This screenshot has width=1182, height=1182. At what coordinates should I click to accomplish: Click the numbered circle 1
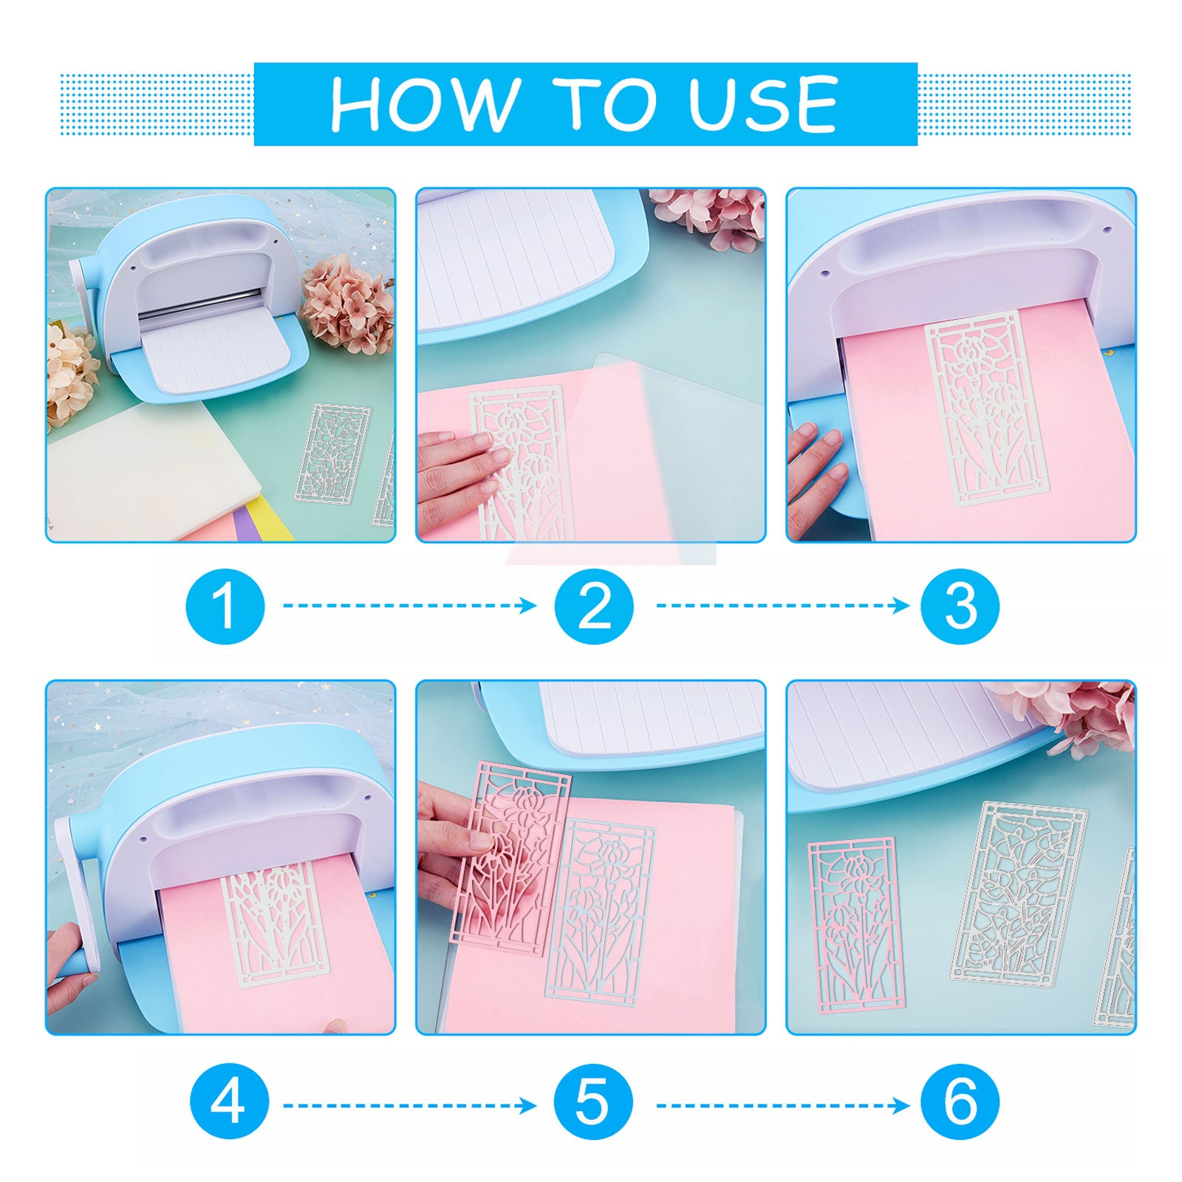coord(225,605)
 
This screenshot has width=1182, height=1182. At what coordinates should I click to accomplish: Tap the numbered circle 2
coord(594,605)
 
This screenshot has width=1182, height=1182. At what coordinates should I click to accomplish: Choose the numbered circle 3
coord(960,605)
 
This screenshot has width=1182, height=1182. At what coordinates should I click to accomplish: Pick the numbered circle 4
coord(228,1105)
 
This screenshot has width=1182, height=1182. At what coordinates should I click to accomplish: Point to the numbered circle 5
coord(594,1105)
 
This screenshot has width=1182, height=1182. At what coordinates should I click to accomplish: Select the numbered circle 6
coord(960,1105)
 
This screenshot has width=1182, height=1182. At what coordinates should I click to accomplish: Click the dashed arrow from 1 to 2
coord(410,606)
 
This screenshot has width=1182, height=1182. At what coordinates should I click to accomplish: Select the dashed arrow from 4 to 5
coord(410,1106)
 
